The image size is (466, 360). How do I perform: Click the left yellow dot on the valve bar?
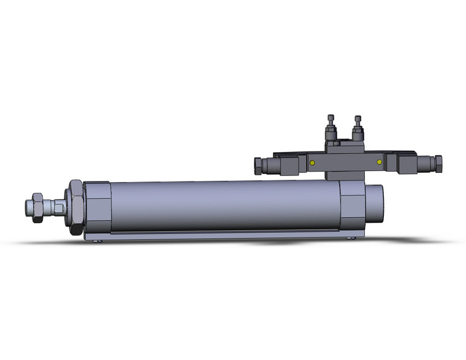pos(312,163)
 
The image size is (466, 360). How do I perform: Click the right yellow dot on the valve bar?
pos(380,162)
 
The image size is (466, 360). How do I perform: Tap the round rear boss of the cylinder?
pos(375,204)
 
